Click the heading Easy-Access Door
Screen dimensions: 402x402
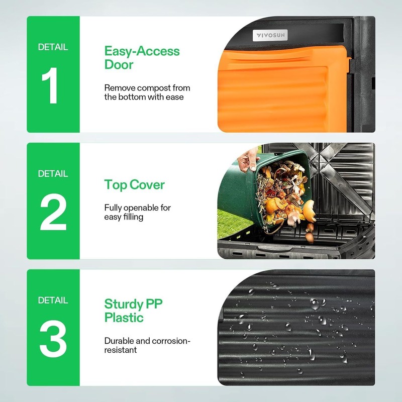(x=141, y=58)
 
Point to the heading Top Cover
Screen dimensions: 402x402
(x=134, y=184)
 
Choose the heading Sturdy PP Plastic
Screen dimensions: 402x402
(x=133, y=311)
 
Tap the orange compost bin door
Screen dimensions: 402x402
(x=281, y=85)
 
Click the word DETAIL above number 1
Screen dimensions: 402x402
(x=53, y=47)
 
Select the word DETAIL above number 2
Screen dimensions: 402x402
(x=53, y=174)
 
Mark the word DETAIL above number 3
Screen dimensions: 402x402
(x=53, y=300)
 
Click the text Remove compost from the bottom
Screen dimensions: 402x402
(x=147, y=92)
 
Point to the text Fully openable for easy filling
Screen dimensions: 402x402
(x=137, y=212)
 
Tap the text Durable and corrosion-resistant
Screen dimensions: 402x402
(x=147, y=345)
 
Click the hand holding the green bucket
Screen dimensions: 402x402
(x=247, y=160)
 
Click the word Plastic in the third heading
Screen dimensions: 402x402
(x=124, y=318)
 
